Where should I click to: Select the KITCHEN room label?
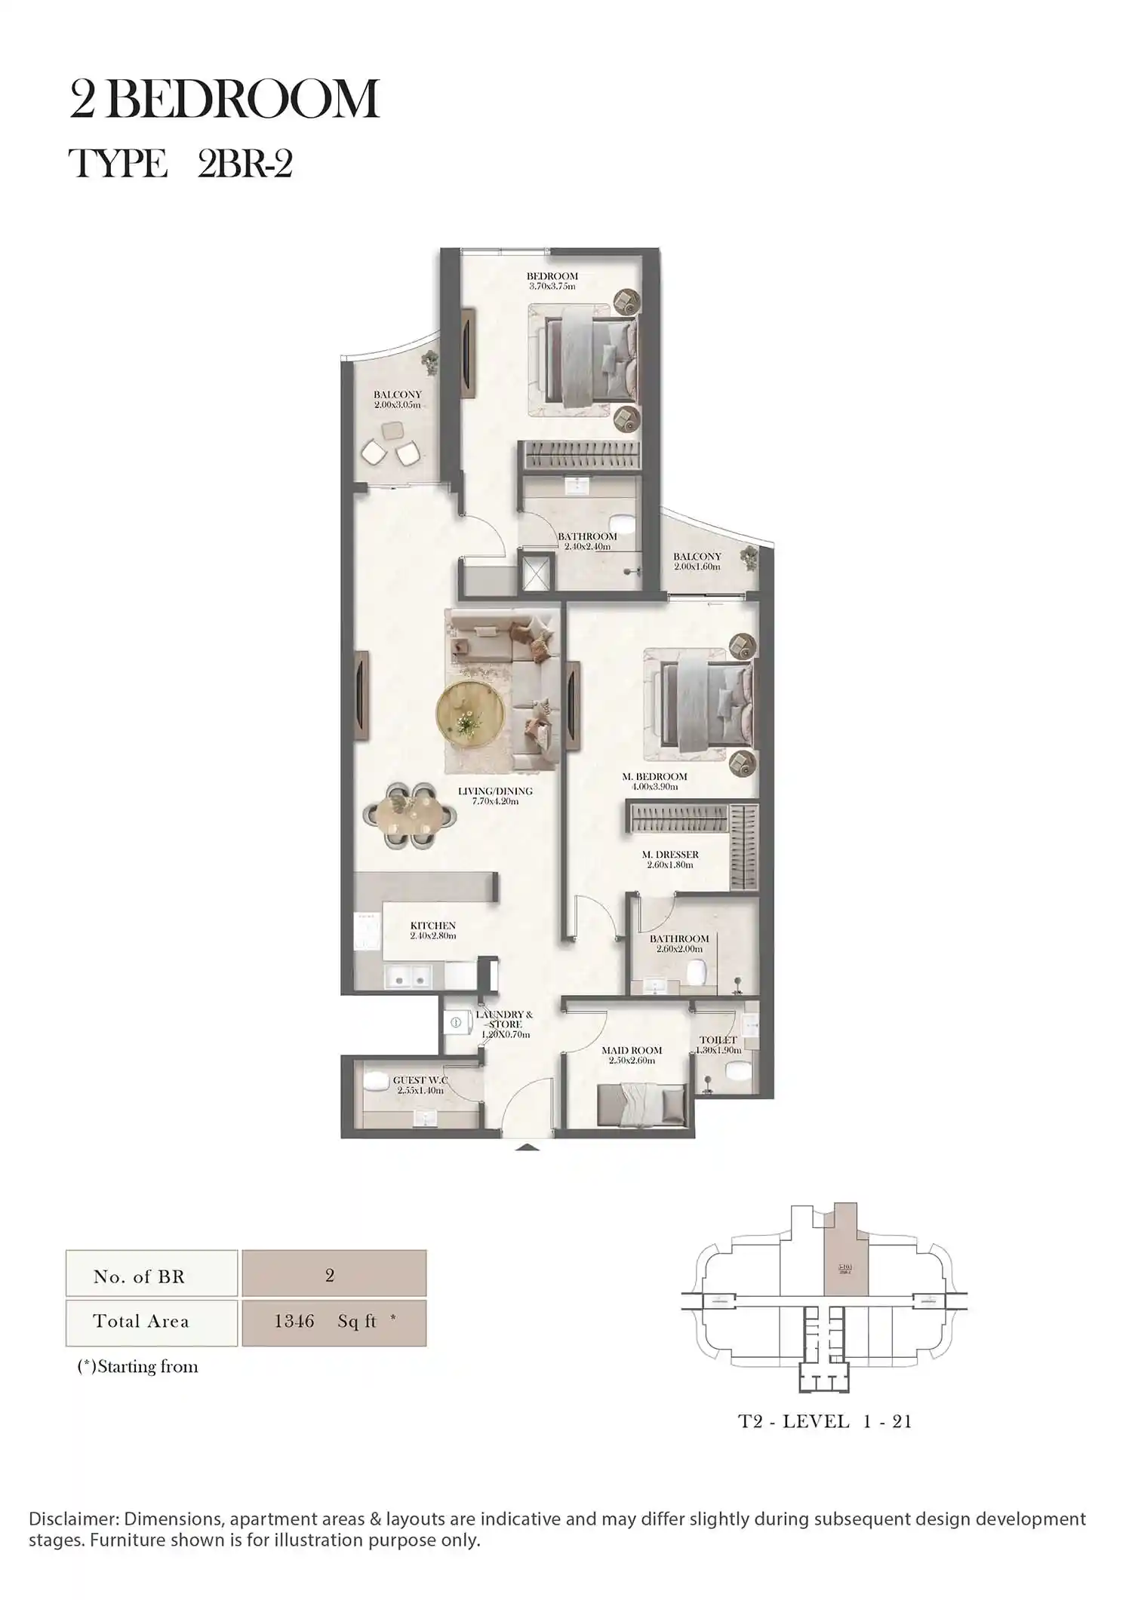(x=432, y=926)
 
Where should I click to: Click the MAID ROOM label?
(x=632, y=1050)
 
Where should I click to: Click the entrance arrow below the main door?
(x=528, y=1148)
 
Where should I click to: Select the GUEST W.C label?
(x=420, y=1080)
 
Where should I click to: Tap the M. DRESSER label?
(x=670, y=855)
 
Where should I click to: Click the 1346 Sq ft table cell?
(x=334, y=1321)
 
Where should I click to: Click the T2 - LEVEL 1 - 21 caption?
(x=825, y=1422)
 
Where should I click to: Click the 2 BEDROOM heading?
(x=224, y=100)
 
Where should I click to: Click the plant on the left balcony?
(x=430, y=362)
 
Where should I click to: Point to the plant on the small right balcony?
(x=749, y=557)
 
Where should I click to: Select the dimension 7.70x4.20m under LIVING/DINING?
(x=495, y=801)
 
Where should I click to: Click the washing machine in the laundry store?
(x=456, y=1022)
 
